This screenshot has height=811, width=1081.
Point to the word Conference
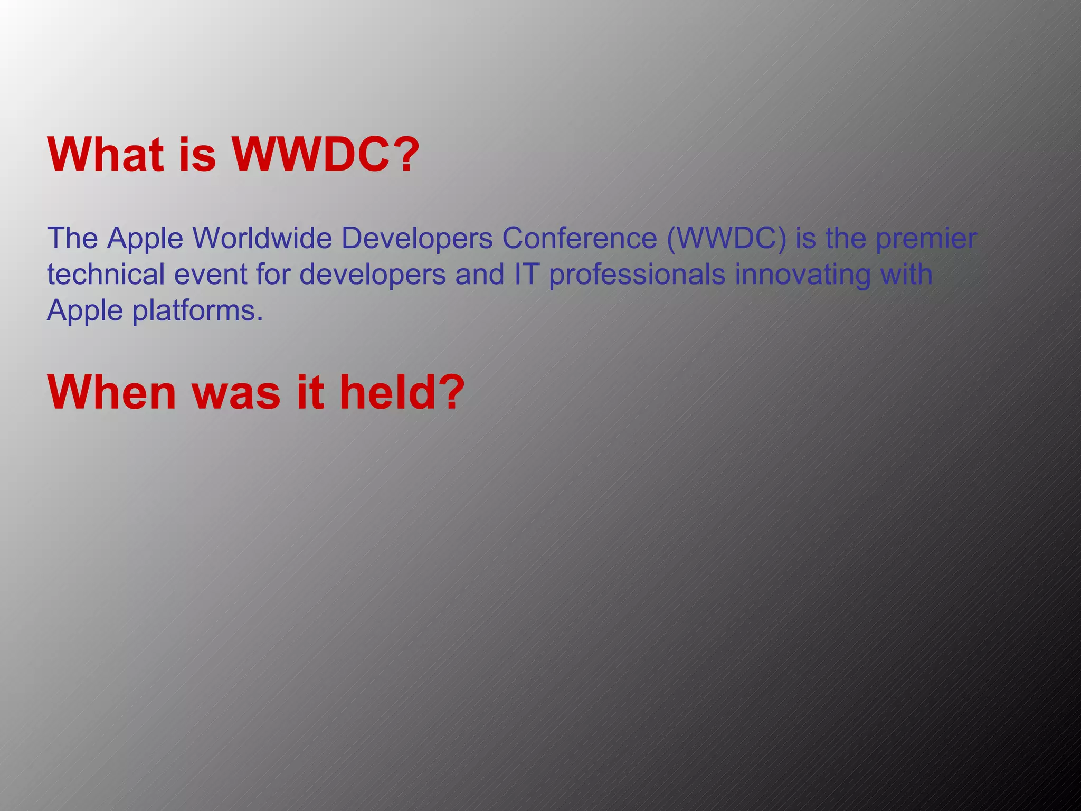pos(579,238)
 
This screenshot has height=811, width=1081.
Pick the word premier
pos(926,239)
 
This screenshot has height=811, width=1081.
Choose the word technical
pos(106,274)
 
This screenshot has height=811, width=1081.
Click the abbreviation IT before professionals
pos(526,274)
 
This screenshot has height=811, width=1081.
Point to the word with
pos(906,274)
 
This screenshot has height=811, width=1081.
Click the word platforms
pos(197,311)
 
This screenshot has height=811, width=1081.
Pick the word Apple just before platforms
pos(85,311)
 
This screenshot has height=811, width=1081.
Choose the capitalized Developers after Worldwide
pos(417,239)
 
